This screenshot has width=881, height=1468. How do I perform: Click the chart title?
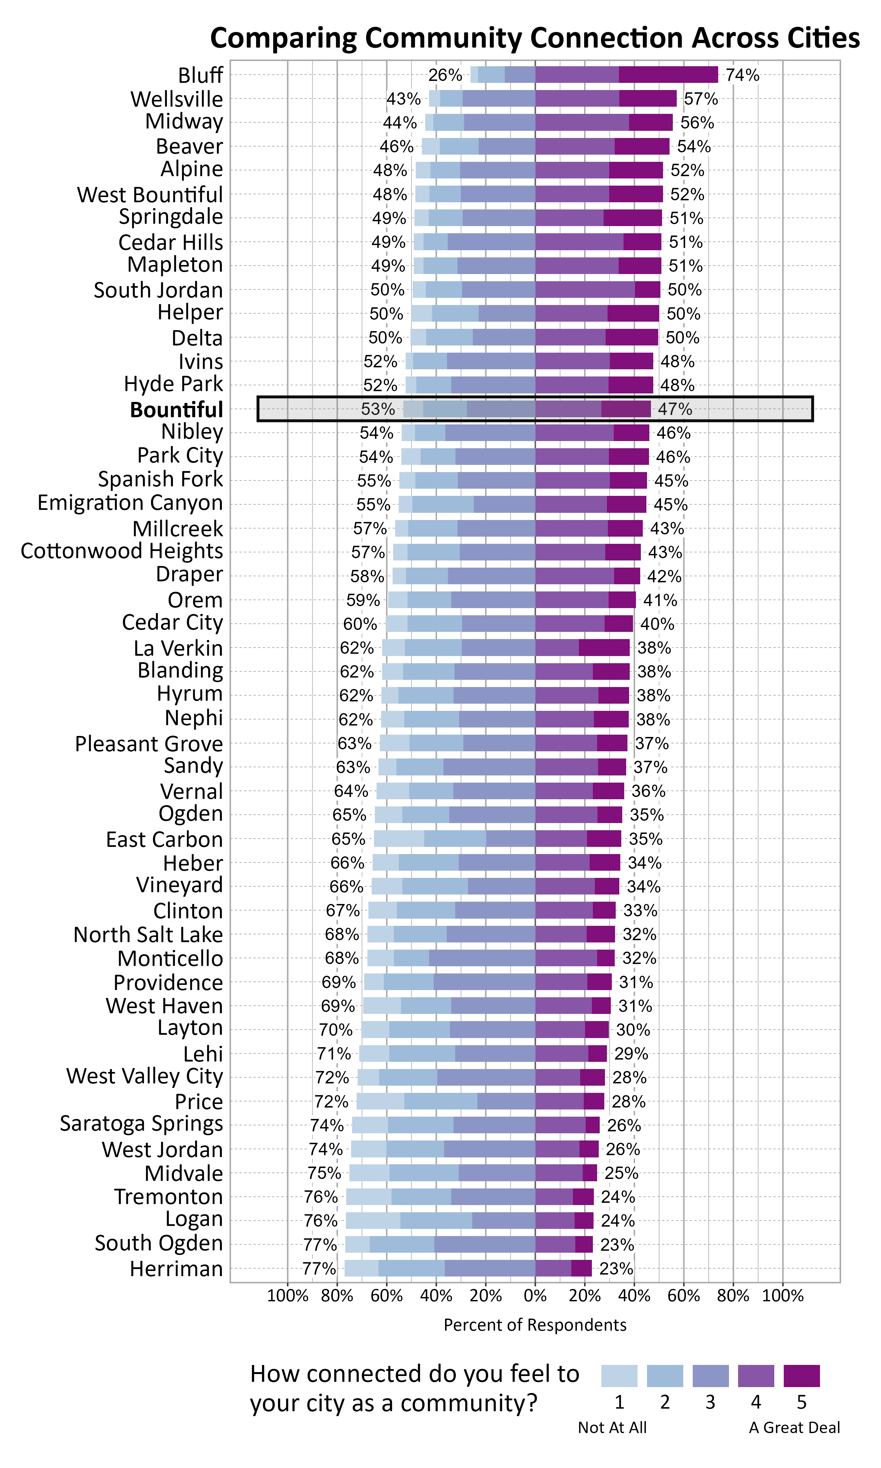click(534, 38)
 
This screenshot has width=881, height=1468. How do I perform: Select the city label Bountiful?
click(176, 409)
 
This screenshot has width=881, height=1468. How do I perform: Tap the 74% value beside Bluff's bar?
click(742, 75)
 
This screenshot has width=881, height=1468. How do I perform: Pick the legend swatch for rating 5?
click(801, 1375)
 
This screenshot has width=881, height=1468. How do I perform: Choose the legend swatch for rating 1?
click(619, 1375)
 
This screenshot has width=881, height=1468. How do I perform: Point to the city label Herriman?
click(176, 1269)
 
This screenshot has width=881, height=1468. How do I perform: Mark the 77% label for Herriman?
click(319, 1269)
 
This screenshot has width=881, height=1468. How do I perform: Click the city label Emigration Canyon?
click(130, 503)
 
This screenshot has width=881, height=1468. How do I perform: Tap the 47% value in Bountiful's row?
click(675, 409)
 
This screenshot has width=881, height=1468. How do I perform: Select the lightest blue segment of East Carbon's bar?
click(399, 838)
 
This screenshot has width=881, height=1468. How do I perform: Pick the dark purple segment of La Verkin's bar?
click(604, 647)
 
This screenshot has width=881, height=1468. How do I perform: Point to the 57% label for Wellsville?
click(701, 99)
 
